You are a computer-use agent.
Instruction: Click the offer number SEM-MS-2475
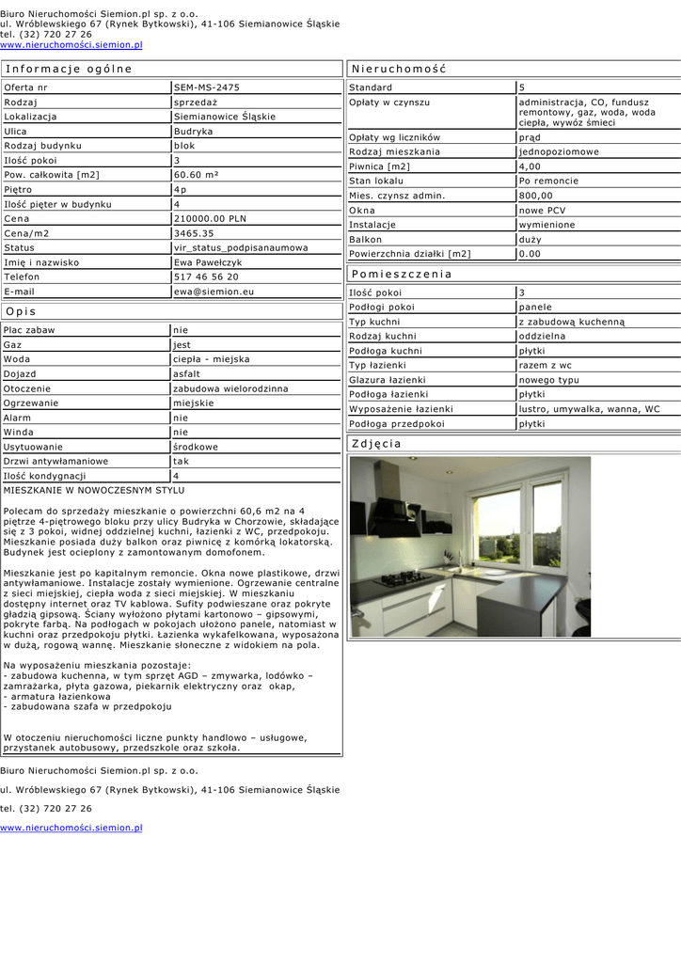(x=207, y=87)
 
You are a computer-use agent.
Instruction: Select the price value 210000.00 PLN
(x=210, y=218)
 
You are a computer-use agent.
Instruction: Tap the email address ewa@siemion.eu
(x=214, y=292)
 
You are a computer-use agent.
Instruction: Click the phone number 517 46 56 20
(x=206, y=277)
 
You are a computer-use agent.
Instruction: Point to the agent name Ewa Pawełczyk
(x=209, y=262)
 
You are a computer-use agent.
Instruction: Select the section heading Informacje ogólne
(x=69, y=69)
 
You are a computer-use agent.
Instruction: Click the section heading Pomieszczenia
(x=402, y=274)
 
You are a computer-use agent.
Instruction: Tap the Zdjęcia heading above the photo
(x=376, y=443)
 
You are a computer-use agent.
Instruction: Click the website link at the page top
(x=71, y=44)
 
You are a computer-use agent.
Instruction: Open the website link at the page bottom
(x=71, y=828)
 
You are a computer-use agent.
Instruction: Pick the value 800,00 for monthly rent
(x=536, y=196)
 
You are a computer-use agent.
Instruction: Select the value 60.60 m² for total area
(x=197, y=175)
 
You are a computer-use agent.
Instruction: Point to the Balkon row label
(x=366, y=240)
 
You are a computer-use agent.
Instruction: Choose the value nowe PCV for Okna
(x=543, y=211)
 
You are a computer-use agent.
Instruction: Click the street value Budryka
(x=194, y=132)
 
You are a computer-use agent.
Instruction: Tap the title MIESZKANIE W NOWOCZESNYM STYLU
(x=94, y=490)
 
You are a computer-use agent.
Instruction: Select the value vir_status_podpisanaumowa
(x=241, y=248)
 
